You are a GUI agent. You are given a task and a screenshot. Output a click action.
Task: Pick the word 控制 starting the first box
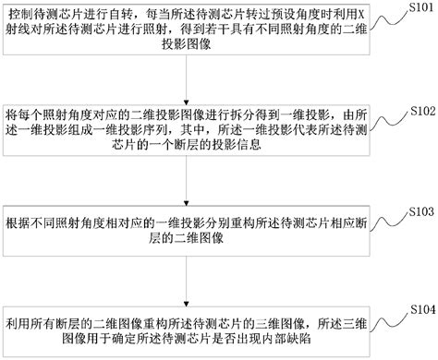point(20,17)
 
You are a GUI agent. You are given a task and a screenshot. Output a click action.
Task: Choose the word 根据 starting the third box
point(18,226)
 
